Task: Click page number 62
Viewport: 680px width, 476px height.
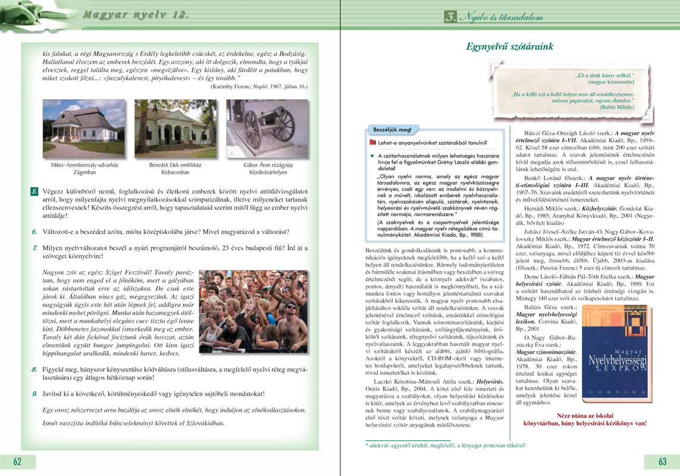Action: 18,462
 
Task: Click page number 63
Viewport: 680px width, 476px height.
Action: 662,462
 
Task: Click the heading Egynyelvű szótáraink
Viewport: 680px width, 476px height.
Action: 510,45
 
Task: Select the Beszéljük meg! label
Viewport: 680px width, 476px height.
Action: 392,129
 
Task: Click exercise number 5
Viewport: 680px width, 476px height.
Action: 35,192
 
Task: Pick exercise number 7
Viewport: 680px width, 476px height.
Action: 35,248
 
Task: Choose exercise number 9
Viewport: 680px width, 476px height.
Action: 35,393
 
